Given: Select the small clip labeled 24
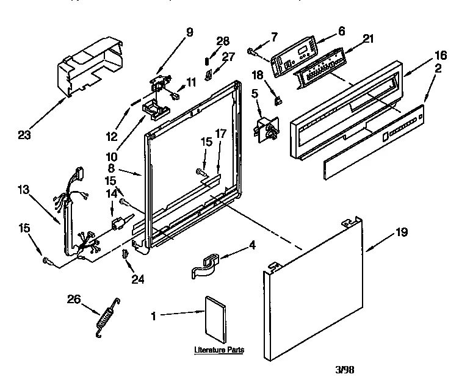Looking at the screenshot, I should tap(125, 253).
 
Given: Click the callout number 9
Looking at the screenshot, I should tap(189, 32).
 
